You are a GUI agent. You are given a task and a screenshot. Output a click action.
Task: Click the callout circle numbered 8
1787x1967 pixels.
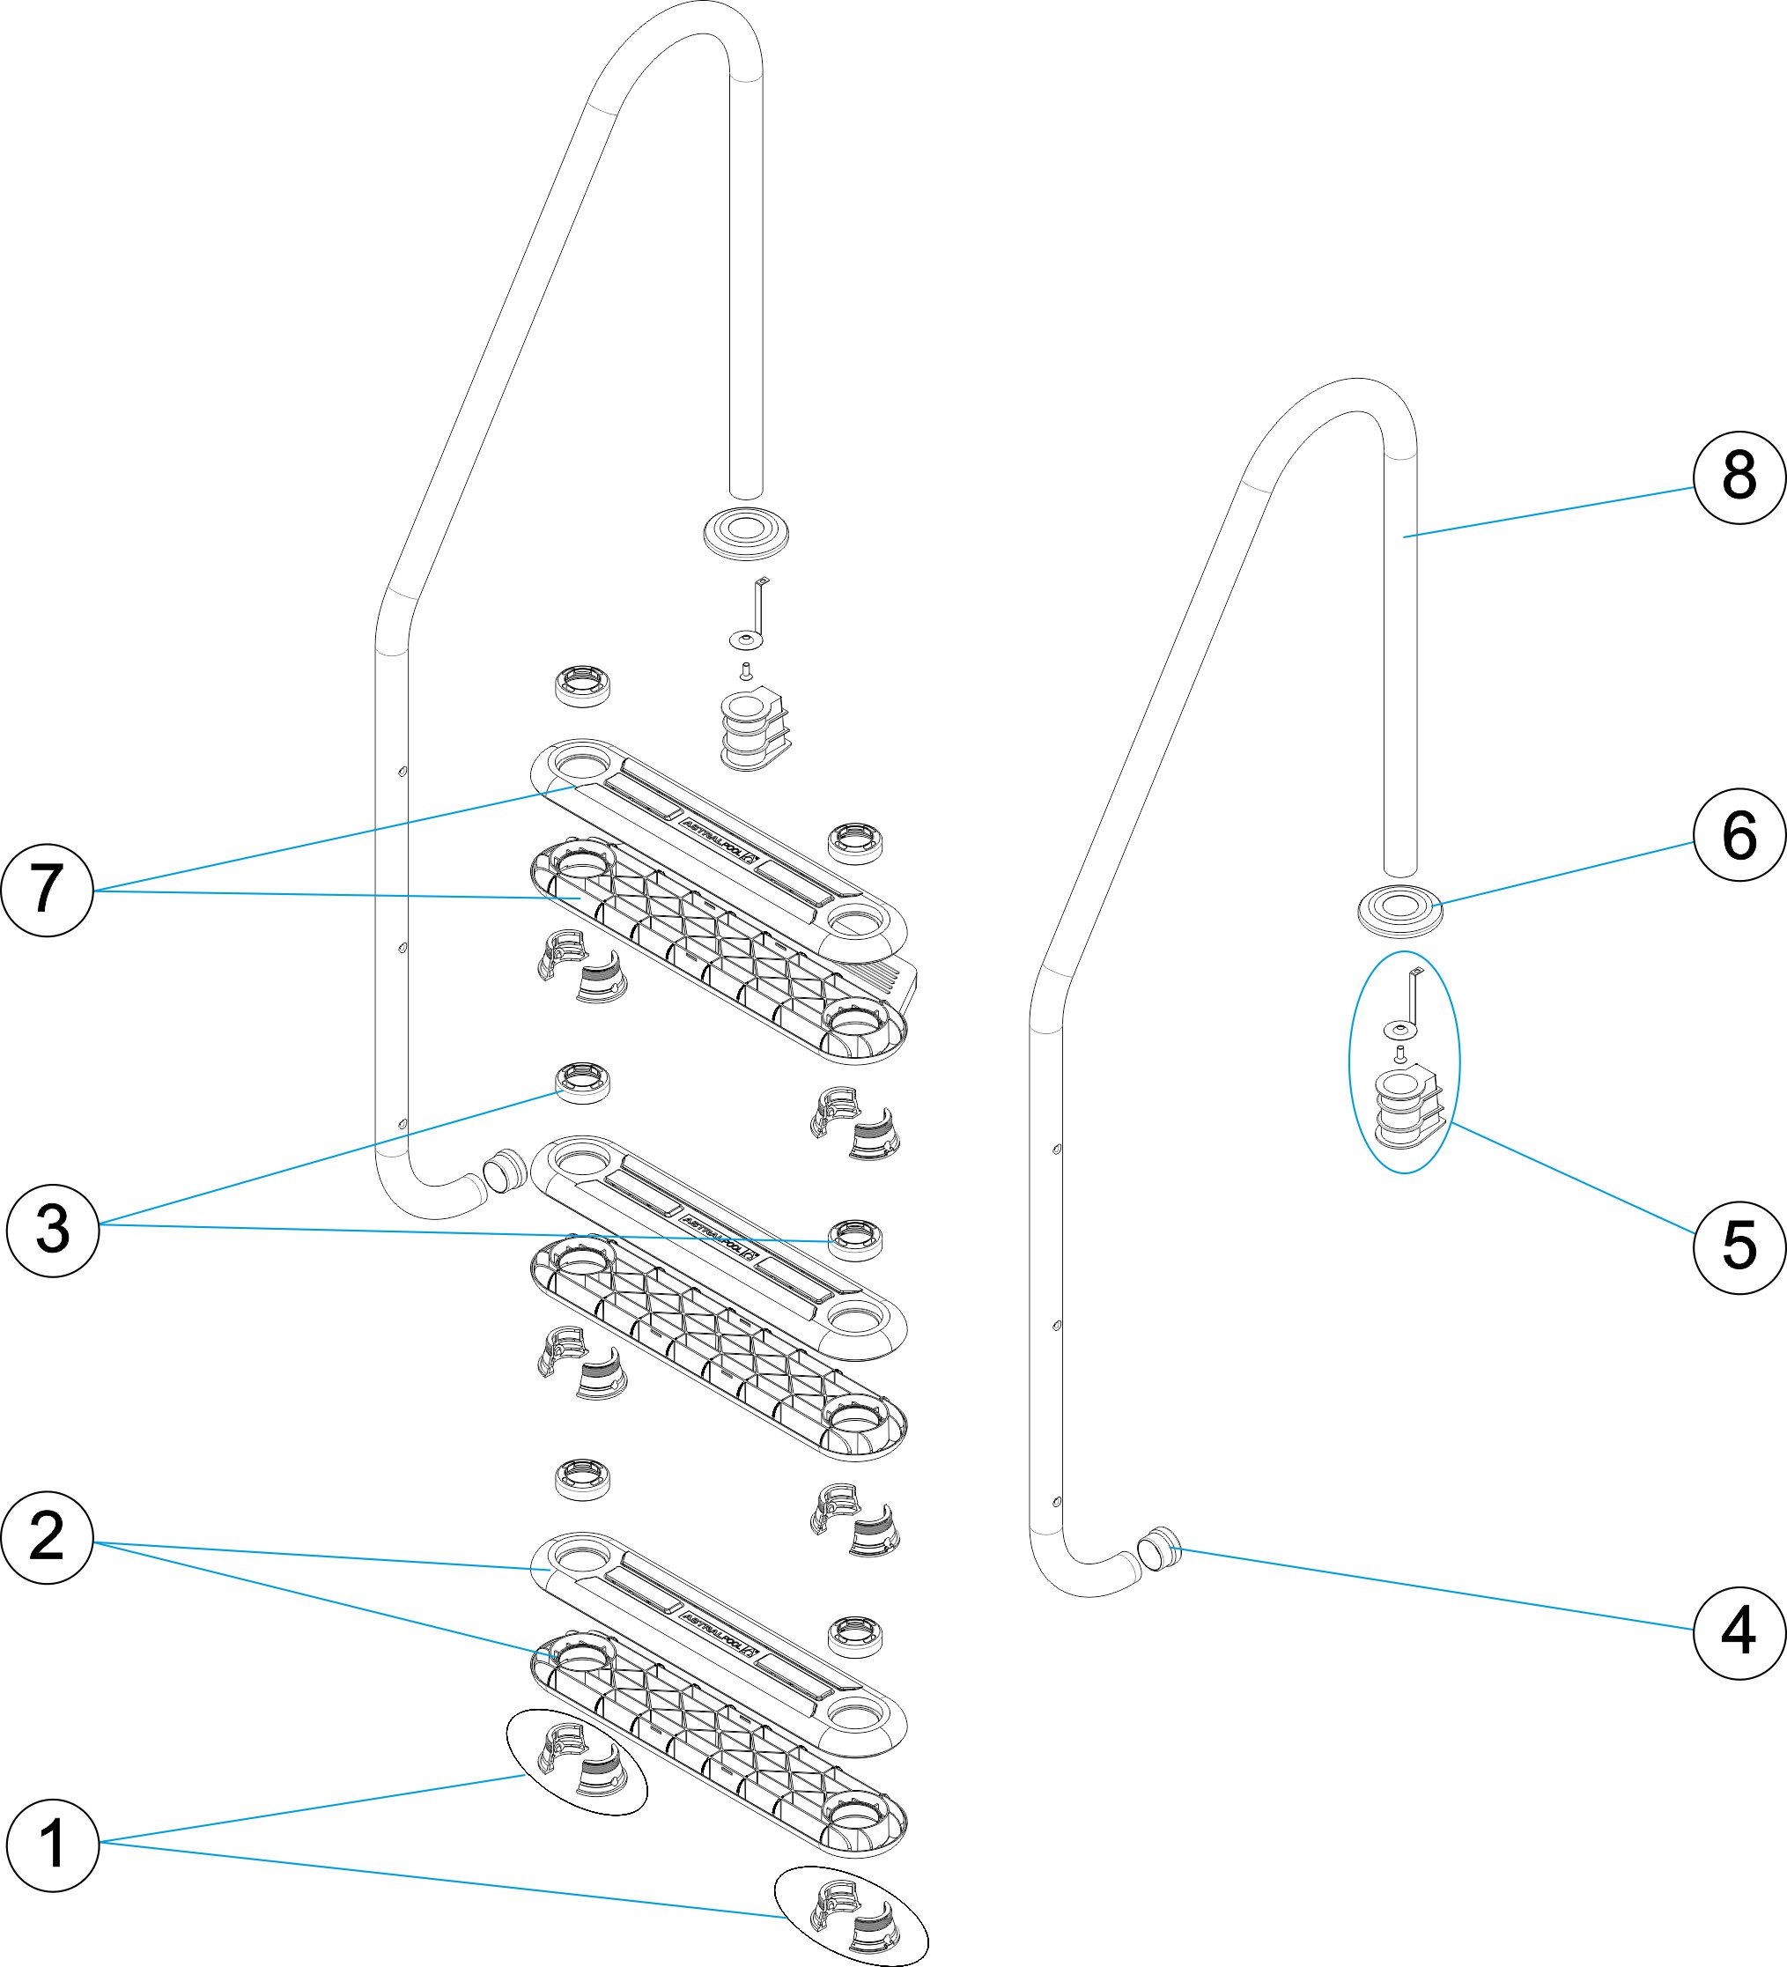pyautogui.click(x=1739, y=478)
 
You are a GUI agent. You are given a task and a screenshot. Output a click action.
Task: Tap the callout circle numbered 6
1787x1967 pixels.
pyautogui.click(x=1739, y=835)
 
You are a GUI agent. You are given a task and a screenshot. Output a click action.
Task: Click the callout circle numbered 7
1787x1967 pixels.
pyautogui.click(x=47, y=890)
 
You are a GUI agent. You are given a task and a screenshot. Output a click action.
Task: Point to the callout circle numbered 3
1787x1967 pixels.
pyautogui.click(x=53, y=1230)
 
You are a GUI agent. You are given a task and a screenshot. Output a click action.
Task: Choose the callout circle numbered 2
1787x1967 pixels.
pyautogui.click(x=47, y=1537)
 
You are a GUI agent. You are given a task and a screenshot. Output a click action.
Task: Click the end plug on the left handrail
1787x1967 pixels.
pyautogui.click(x=505, y=1169)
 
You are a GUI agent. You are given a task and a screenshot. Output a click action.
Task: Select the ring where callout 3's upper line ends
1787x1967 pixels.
pyautogui.click(x=582, y=1083)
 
